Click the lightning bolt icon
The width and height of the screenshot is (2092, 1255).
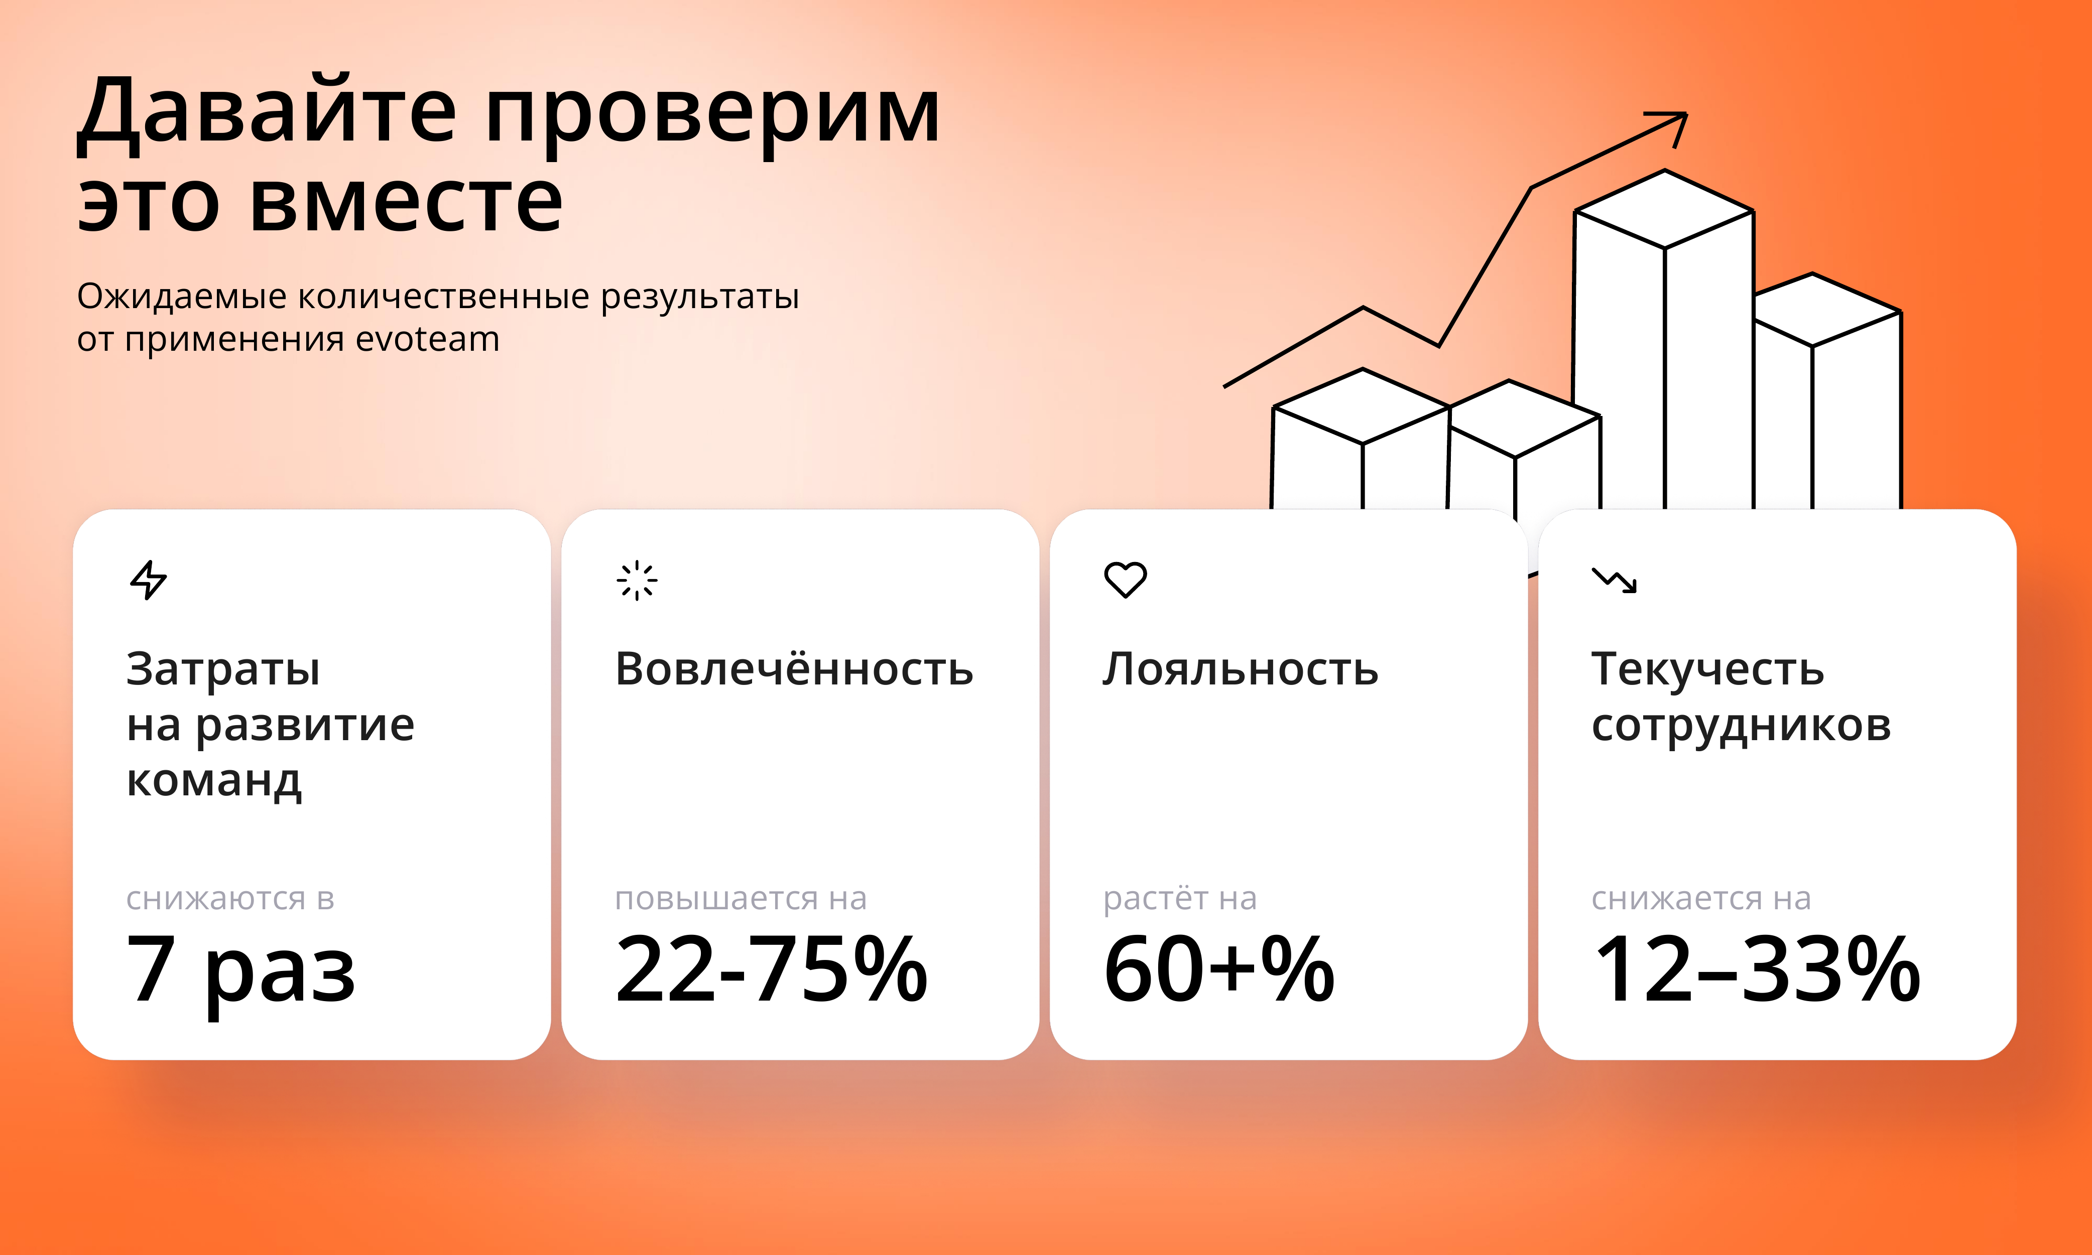(149, 580)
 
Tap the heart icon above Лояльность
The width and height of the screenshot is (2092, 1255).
(1125, 580)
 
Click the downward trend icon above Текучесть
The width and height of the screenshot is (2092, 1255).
(1614, 580)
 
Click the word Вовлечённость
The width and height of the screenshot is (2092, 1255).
(794, 670)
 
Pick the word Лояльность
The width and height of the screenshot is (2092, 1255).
(1240, 670)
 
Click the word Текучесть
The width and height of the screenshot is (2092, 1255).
(1707, 670)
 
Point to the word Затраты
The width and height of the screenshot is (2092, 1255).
(223, 670)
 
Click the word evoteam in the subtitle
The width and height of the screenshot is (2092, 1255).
(427, 339)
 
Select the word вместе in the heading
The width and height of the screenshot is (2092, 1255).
(406, 202)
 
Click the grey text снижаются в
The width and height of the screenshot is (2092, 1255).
(230, 898)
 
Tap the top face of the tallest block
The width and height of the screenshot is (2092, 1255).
(1664, 210)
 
